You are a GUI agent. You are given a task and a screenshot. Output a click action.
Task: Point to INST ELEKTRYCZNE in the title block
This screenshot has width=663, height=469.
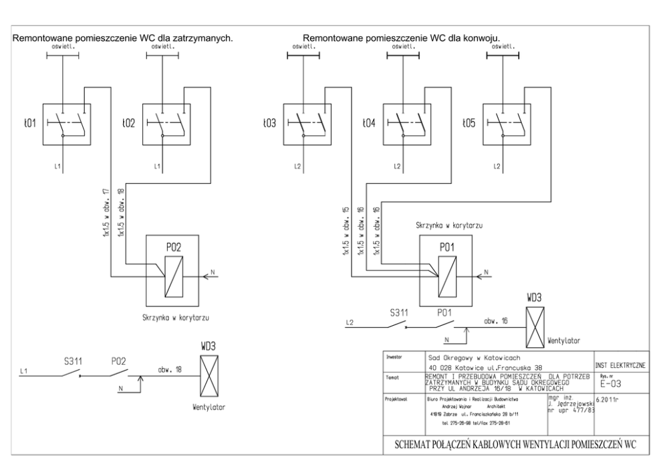point(619,365)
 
